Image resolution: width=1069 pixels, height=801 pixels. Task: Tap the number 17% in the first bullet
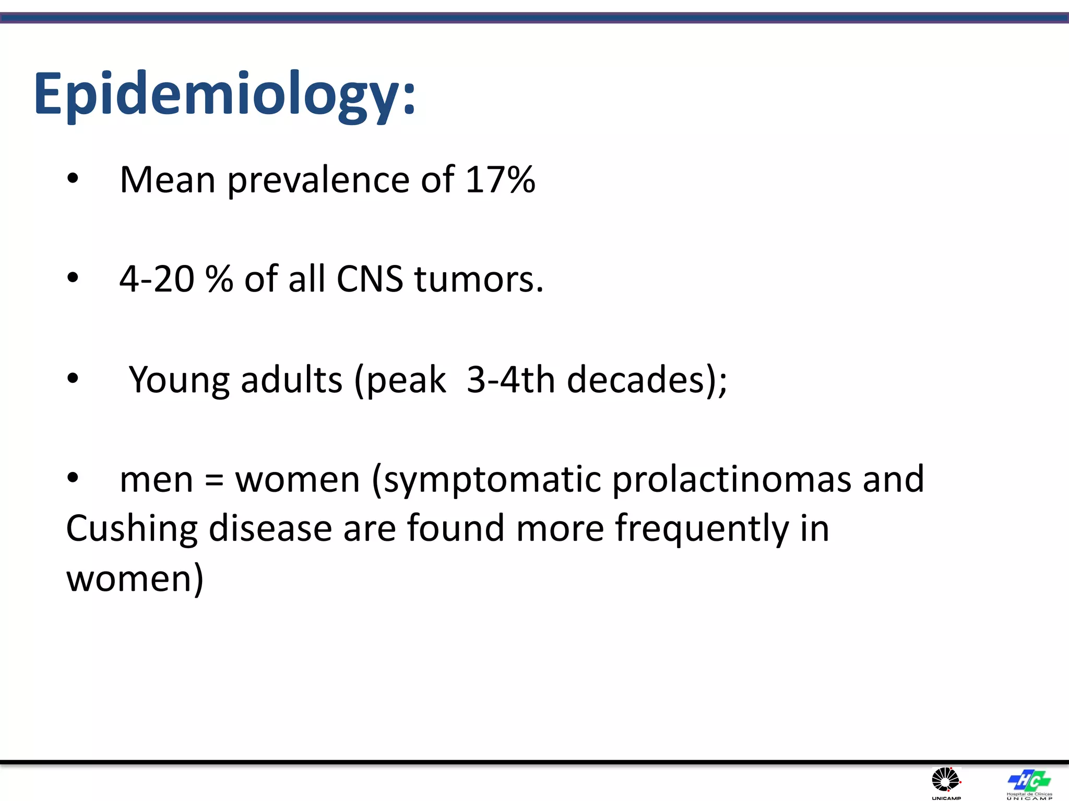(500, 180)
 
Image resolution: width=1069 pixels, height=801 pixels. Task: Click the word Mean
(168, 180)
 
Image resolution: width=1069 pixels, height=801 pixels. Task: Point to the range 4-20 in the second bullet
(157, 279)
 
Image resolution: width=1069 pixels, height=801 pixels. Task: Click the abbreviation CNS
(370, 279)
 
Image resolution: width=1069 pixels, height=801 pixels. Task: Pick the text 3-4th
(510, 380)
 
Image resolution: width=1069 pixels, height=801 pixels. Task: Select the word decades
(636, 380)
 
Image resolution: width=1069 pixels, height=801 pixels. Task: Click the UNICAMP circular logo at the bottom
(946, 781)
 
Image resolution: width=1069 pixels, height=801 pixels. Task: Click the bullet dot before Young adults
(73, 379)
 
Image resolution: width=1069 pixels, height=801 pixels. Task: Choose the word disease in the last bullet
(270, 529)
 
